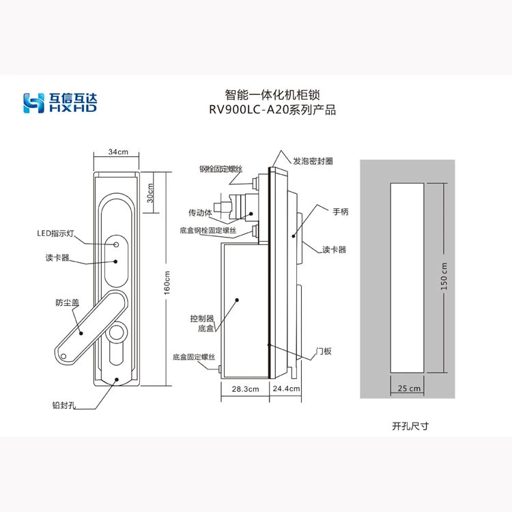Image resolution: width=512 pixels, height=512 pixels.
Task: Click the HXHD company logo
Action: [60, 103]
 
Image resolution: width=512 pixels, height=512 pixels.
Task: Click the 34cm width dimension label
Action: [118, 152]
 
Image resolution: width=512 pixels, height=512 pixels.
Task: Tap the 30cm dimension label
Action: [150, 193]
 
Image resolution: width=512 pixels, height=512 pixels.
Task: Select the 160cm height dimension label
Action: [167, 283]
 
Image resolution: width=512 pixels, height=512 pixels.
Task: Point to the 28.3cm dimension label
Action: [245, 389]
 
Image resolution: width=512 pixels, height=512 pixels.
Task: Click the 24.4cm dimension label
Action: [286, 388]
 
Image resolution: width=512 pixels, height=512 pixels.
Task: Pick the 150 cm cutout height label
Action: [444, 276]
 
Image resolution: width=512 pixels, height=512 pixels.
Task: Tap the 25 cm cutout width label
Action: [409, 388]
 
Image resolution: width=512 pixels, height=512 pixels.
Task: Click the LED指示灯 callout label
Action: [55, 233]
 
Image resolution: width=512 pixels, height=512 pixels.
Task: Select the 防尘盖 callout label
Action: [68, 302]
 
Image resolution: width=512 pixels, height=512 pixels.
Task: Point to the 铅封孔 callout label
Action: [64, 406]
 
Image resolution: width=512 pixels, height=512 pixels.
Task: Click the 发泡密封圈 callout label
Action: [313, 161]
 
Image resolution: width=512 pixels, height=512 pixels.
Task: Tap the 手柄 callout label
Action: [341, 212]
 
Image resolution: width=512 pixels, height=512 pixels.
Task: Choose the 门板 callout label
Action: [324, 351]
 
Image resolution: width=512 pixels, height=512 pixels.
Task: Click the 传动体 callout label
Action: [200, 212]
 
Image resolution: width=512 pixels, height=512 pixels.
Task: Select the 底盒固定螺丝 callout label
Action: [194, 357]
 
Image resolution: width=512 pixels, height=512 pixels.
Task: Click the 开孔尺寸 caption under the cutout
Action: [410, 426]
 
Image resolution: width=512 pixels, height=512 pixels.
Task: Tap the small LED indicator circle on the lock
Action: [116, 244]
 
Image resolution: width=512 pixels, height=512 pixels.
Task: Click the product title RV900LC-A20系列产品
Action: [272, 110]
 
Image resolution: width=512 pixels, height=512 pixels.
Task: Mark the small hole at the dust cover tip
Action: [63, 356]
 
